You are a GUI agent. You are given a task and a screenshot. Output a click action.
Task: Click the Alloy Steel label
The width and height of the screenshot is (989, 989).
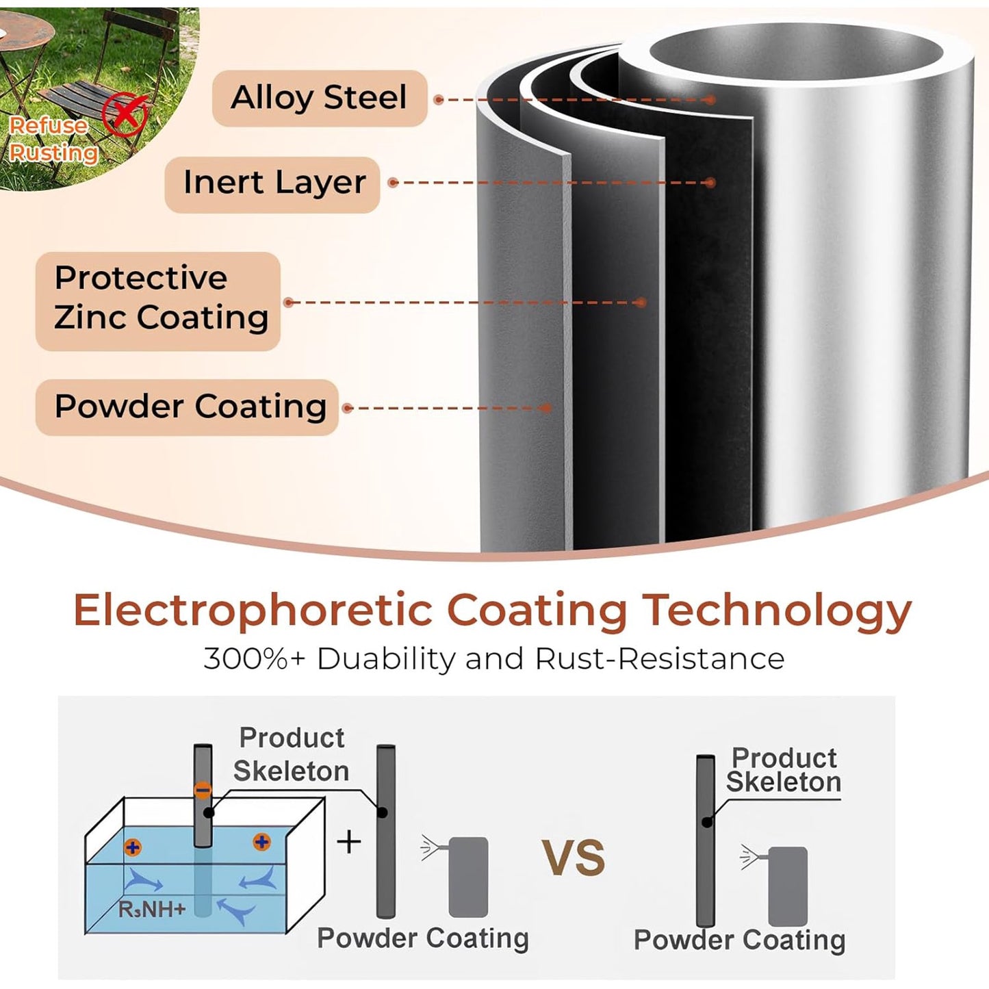point(319,98)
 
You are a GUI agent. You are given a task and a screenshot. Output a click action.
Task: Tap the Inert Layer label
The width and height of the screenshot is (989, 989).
point(272,183)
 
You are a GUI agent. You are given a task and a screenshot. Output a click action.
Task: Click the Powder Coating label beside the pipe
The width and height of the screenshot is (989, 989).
point(188,407)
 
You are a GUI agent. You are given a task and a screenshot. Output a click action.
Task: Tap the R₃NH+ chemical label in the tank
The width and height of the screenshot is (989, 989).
point(152,909)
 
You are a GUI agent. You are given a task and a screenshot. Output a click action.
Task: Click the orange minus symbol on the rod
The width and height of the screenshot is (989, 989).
point(203,791)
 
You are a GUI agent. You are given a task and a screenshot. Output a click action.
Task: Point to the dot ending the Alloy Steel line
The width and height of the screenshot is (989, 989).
point(710,99)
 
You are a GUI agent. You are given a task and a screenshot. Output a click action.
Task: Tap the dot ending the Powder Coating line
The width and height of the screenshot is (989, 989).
point(547,408)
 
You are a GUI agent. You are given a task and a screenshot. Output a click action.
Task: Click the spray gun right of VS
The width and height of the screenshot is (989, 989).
point(775,886)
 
